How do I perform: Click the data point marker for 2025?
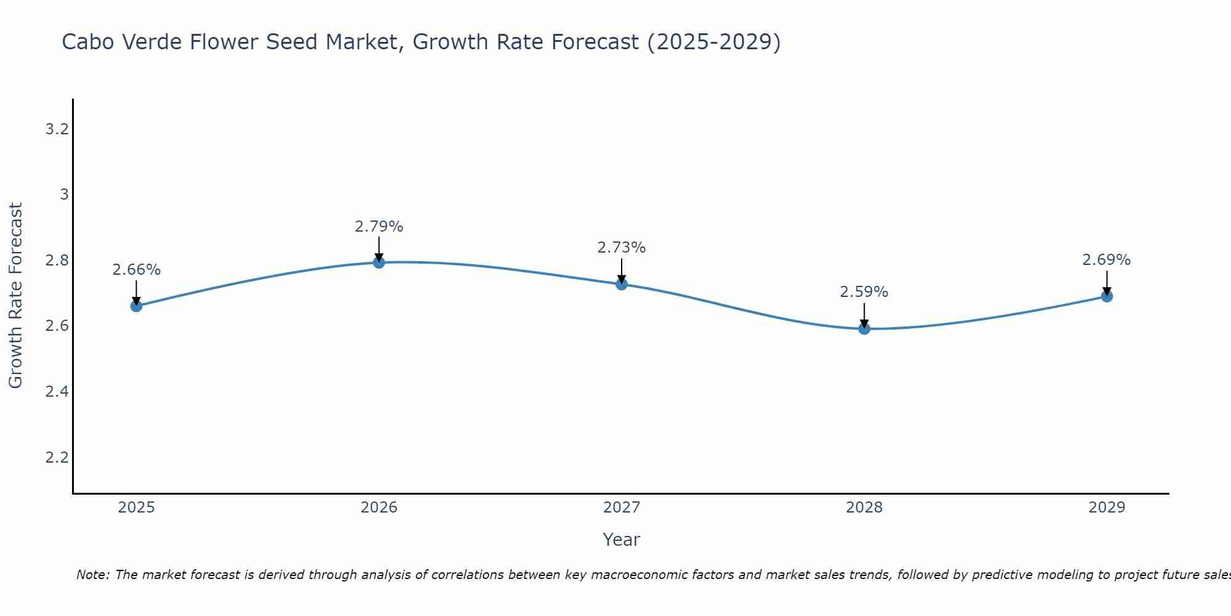click(136, 306)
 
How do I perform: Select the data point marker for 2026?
click(379, 262)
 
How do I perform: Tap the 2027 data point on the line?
click(621, 284)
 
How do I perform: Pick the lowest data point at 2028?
click(864, 328)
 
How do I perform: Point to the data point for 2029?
click(1106, 296)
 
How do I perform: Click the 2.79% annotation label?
click(379, 227)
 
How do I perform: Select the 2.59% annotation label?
click(864, 292)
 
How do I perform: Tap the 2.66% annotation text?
click(136, 270)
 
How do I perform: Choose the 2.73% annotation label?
click(621, 248)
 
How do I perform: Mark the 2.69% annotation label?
click(1106, 260)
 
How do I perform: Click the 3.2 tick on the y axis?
click(57, 129)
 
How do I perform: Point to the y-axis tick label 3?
click(63, 195)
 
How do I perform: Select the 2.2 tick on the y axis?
click(57, 457)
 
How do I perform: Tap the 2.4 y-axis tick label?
click(57, 392)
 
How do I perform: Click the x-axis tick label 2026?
click(379, 508)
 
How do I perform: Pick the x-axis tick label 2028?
click(864, 508)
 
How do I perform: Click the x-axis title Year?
click(621, 540)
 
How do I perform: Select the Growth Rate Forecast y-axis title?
click(15, 296)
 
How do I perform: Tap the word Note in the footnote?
click(92, 575)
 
